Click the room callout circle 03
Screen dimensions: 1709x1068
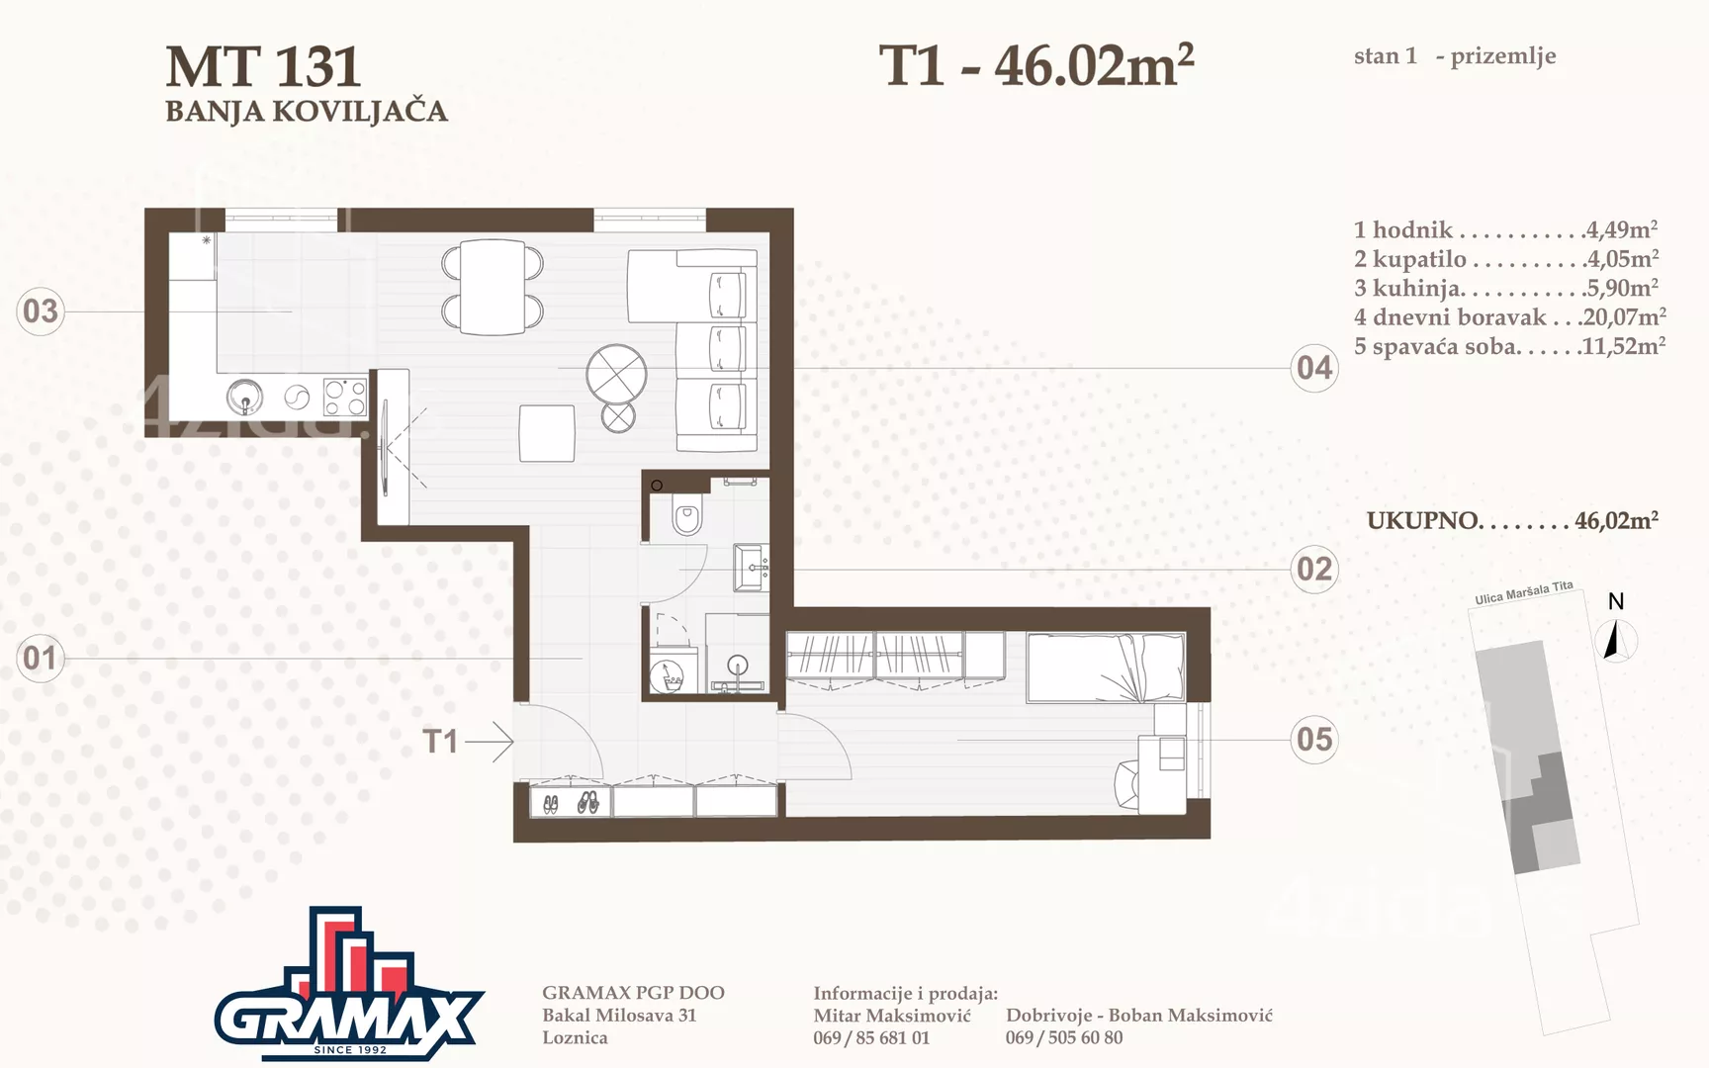click(41, 311)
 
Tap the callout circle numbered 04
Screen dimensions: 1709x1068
click(1314, 368)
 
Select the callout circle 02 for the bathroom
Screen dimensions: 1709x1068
click(1314, 569)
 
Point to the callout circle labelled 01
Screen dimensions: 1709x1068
click(41, 658)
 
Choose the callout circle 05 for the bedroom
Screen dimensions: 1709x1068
click(1314, 739)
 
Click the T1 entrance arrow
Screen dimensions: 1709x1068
click(490, 741)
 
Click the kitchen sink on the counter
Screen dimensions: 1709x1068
click(244, 398)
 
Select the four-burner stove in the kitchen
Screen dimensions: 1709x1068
click(345, 398)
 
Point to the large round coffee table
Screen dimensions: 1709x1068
click(616, 375)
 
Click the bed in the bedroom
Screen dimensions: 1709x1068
click(1106, 667)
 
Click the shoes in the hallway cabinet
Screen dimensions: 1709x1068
click(570, 802)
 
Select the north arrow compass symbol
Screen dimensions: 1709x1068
click(1613, 639)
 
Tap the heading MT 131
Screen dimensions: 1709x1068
click(263, 67)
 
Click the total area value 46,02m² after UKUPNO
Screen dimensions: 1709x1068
click(1616, 520)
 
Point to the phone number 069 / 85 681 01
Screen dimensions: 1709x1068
click(871, 1037)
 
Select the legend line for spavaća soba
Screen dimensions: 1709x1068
click(1509, 346)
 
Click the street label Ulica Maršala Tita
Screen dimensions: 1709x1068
click(1523, 592)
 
